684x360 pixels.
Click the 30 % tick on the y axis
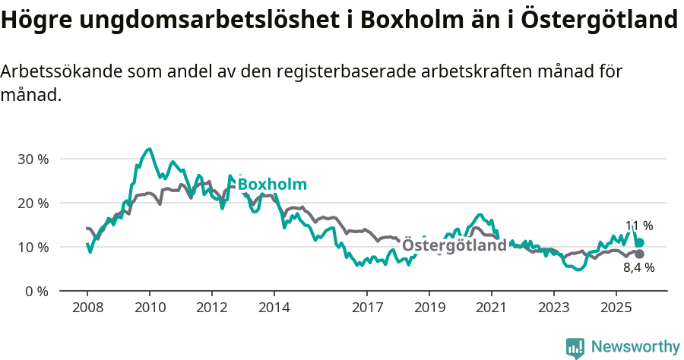coord(33,159)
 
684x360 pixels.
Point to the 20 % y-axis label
coord(33,204)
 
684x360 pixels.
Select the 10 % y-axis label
coord(33,248)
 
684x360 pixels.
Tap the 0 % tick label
coord(36,292)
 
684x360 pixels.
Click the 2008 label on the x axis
coord(87,309)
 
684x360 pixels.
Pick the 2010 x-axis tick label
coord(149,309)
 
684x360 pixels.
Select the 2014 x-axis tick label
coord(274,309)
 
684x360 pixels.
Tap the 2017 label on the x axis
coord(367,309)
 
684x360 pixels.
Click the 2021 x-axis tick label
coord(491,309)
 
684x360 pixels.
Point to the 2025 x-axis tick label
coord(616,309)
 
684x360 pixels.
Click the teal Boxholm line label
coord(272,185)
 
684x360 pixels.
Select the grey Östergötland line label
coord(454,246)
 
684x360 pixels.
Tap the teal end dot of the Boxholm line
coord(639,242)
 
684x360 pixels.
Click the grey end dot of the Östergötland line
coord(639,254)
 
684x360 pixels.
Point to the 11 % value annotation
coord(638,226)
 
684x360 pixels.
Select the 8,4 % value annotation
coord(638,268)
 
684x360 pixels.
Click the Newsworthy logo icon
coord(575,347)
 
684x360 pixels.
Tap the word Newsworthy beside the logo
coord(635,347)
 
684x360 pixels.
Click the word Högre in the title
coord(30,21)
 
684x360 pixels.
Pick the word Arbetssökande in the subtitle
coord(62,72)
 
